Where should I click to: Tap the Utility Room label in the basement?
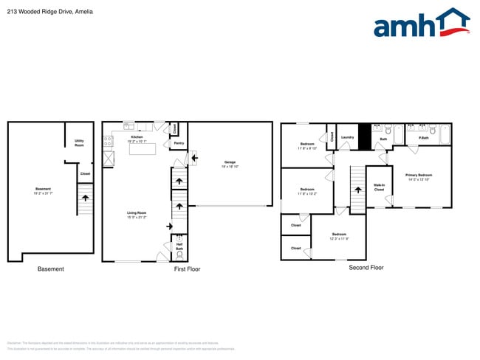click(x=79, y=143)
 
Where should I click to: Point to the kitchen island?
click(x=143, y=149)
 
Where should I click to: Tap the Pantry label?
click(x=179, y=143)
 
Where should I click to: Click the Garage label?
click(x=230, y=164)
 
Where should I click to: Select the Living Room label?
click(x=137, y=215)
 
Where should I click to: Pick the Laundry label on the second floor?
click(x=347, y=137)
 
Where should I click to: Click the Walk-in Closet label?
click(x=379, y=187)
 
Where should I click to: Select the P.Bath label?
click(x=425, y=138)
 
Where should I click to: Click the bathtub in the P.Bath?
click(x=445, y=134)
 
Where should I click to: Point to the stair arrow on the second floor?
click(x=358, y=190)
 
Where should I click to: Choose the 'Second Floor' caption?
click(x=366, y=268)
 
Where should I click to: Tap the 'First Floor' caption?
click(x=187, y=269)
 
